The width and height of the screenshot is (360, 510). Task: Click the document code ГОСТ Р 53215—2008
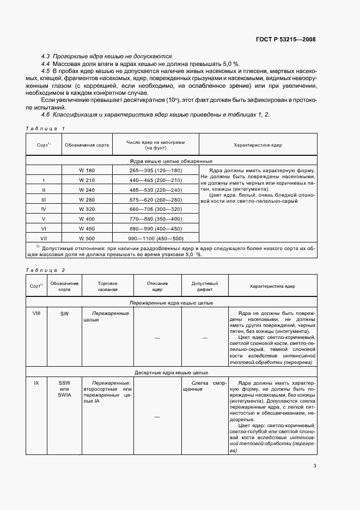286,39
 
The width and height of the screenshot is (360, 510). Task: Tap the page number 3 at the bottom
315,465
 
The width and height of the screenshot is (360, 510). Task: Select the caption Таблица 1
46,128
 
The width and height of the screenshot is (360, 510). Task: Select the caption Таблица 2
46,270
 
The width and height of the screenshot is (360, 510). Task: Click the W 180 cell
87,171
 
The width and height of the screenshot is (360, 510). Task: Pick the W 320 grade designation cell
87,209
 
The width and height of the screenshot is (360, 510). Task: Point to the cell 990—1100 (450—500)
156,239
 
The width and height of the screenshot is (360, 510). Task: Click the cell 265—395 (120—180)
156,171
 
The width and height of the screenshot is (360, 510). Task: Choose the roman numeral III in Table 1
44,199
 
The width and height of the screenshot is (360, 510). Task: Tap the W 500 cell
87,239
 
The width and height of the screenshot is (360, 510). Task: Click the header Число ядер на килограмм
156,142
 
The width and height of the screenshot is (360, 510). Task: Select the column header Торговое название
108,287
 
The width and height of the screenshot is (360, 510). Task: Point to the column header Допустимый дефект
205,287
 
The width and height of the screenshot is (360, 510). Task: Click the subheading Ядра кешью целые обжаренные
171,161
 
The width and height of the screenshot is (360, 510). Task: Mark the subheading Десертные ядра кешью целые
171,373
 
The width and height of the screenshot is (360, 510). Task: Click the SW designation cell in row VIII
64,314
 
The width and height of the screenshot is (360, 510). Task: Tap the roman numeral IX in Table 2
36,383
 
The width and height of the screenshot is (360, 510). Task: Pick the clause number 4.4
46,64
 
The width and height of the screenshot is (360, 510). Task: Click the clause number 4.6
46,114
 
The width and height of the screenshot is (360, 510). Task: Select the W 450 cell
87,229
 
